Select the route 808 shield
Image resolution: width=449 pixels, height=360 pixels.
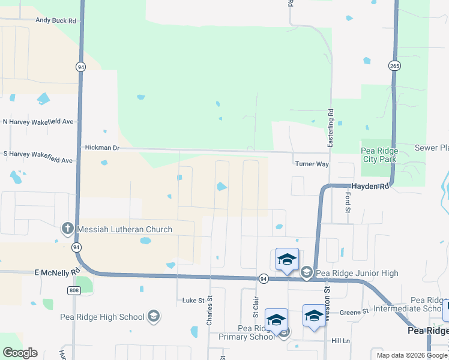(x=73, y=290)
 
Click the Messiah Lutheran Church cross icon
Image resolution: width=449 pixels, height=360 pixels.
(x=68, y=229)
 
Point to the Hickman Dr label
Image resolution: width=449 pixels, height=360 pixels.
(x=102, y=148)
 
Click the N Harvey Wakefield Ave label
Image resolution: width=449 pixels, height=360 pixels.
(x=38, y=122)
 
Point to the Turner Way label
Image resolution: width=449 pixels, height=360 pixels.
(x=311, y=164)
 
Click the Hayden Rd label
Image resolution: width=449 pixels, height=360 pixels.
(x=371, y=187)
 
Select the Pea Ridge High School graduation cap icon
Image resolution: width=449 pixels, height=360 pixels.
(x=154, y=317)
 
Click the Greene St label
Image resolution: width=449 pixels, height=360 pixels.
(x=354, y=312)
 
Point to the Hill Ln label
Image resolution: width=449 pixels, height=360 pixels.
(x=340, y=341)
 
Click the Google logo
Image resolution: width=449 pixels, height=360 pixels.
(x=20, y=353)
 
